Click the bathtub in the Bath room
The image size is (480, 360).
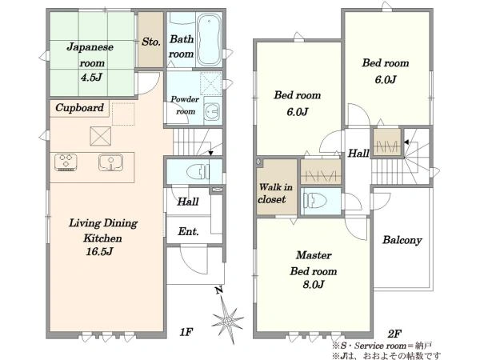point(209,39)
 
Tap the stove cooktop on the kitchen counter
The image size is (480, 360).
point(66,162)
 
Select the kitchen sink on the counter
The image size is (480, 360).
point(111,162)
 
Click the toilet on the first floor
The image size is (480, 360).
point(198,171)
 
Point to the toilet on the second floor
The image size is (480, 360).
point(314,201)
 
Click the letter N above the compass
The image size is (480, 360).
point(218,290)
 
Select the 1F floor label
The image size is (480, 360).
point(186,331)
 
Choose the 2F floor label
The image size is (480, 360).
point(394,334)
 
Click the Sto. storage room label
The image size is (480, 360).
point(151,42)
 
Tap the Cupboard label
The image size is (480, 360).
point(79,108)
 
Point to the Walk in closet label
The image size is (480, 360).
point(275,193)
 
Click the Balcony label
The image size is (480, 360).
point(402,240)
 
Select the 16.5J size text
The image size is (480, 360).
point(99,252)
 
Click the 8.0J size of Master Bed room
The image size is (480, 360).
point(314,285)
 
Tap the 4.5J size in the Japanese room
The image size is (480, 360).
point(91,78)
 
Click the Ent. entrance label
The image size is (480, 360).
point(188,231)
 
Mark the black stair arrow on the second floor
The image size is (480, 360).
point(406,142)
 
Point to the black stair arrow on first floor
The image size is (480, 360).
point(211,153)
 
